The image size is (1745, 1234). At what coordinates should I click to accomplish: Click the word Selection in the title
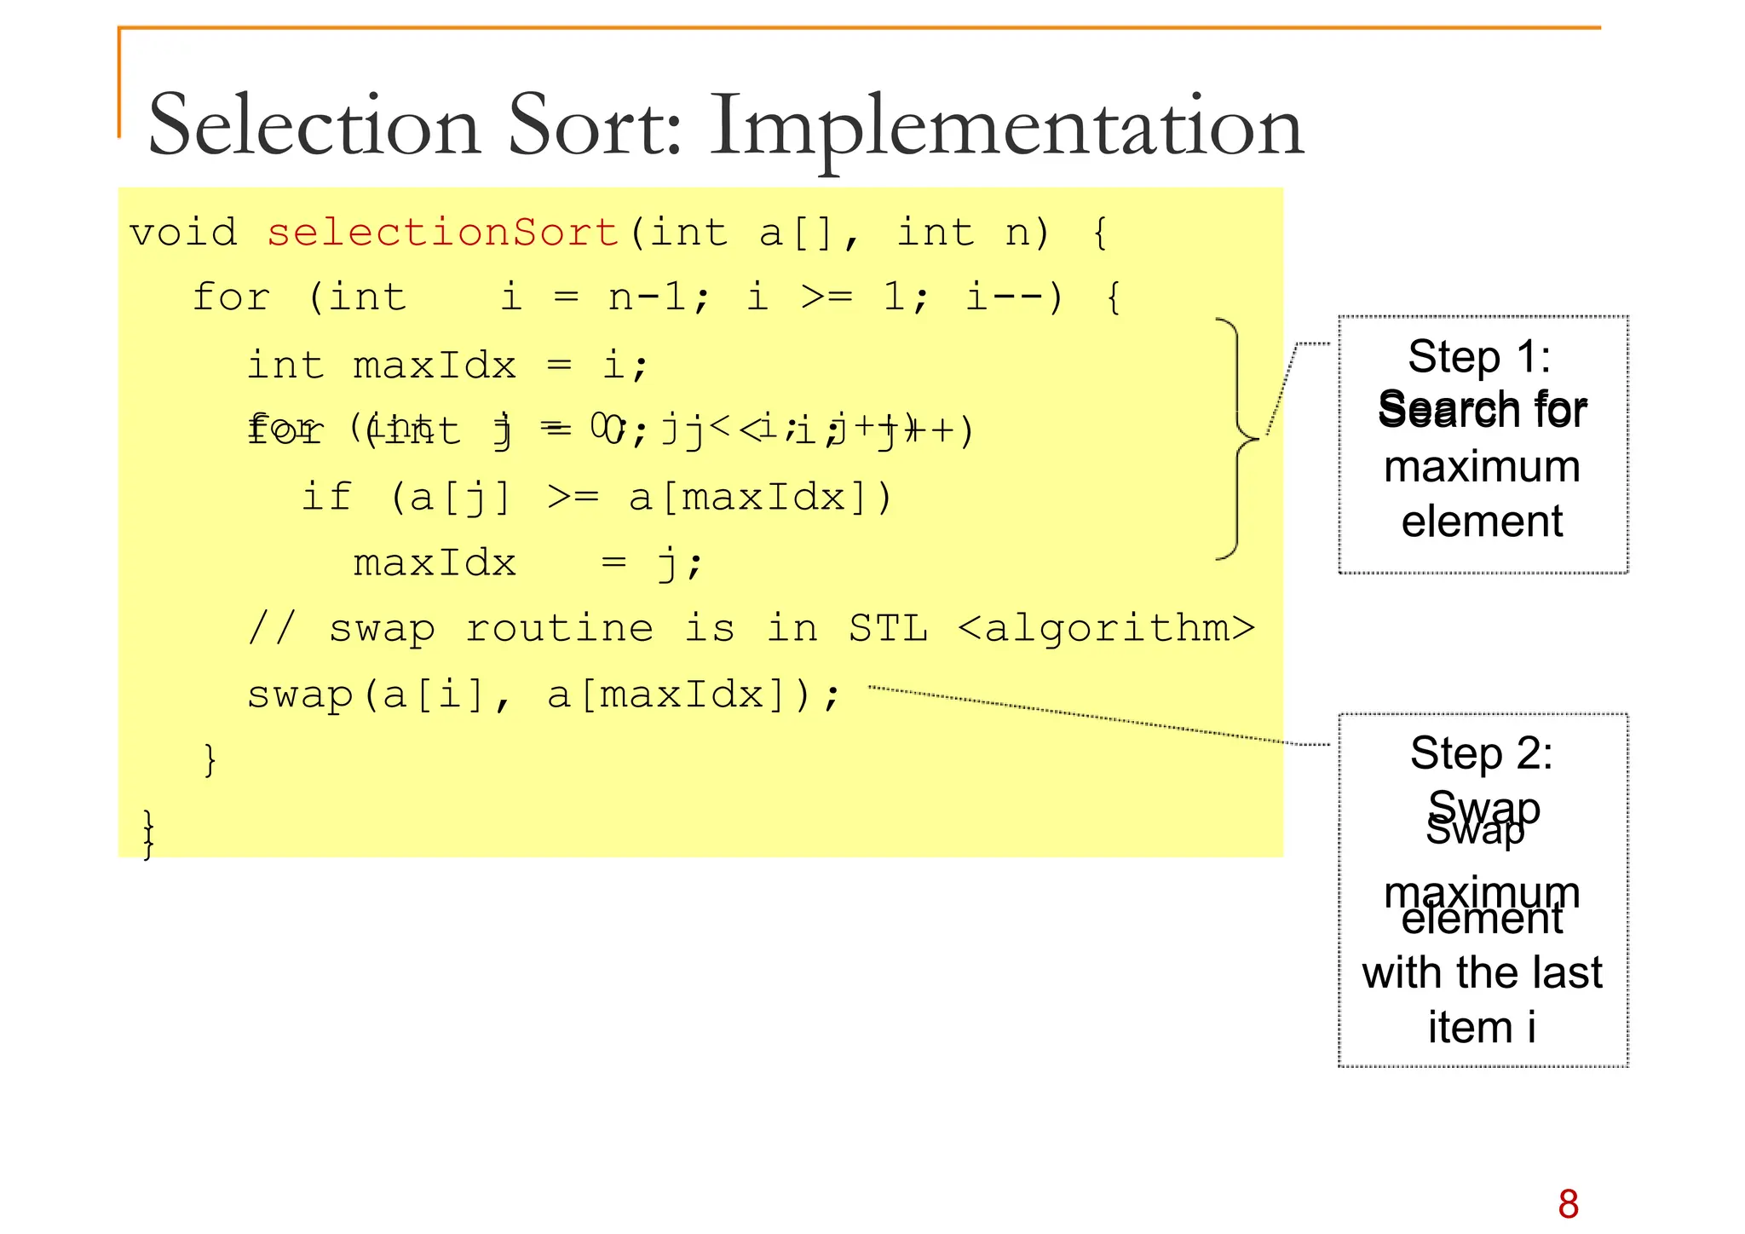click(314, 125)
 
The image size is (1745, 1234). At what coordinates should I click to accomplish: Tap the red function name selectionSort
click(443, 232)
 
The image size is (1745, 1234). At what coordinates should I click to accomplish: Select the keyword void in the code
click(183, 232)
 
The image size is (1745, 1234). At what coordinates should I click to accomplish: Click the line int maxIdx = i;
click(447, 366)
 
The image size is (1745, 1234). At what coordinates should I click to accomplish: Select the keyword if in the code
click(326, 497)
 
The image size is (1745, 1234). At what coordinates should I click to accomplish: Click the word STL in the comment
click(888, 629)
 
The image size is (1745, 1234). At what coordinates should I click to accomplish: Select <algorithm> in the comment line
click(1106, 629)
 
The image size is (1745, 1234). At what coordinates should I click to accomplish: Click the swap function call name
click(300, 695)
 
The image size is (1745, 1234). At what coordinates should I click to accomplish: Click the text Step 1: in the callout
click(1479, 356)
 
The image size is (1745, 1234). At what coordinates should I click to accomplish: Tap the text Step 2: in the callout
click(1481, 753)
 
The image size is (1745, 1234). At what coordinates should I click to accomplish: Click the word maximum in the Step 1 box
click(1482, 467)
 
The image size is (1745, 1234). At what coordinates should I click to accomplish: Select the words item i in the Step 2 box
click(1482, 1027)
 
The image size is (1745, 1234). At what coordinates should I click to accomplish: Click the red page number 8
click(1568, 1204)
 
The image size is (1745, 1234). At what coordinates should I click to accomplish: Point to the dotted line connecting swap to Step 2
click(1099, 717)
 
